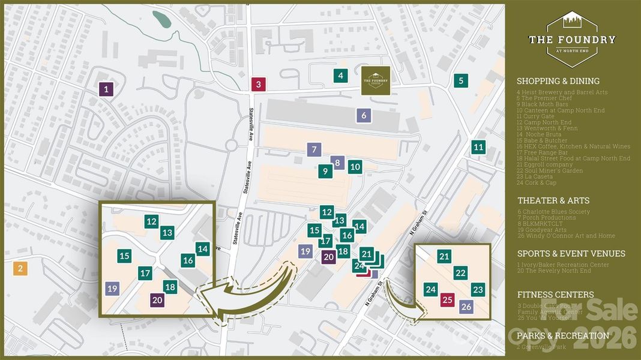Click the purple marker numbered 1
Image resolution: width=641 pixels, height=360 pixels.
(x=106, y=90)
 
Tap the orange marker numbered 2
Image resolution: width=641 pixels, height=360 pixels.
(x=20, y=268)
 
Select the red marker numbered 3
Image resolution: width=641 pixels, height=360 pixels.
(x=258, y=85)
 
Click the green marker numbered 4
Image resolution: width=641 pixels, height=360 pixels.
(x=340, y=76)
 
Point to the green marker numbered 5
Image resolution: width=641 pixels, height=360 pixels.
(x=461, y=80)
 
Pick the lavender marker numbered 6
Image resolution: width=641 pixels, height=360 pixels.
(x=364, y=115)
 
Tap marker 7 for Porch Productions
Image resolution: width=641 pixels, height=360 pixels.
(x=313, y=150)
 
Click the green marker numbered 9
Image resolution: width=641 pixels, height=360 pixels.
(x=325, y=171)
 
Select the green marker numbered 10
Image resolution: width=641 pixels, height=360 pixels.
(x=355, y=167)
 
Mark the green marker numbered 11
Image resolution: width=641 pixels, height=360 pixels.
(x=478, y=147)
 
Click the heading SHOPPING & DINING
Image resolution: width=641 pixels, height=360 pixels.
(x=558, y=81)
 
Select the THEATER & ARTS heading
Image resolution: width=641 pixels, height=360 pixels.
(x=553, y=200)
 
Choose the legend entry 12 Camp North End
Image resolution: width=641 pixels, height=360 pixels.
(x=547, y=122)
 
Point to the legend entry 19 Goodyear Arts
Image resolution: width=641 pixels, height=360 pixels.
(x=544, y=229)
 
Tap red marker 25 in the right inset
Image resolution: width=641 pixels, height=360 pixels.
(x=447, y=300)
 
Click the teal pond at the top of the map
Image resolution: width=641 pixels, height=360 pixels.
(x=161, y=19)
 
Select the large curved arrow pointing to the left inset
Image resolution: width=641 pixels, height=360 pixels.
(x=252, y=294)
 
